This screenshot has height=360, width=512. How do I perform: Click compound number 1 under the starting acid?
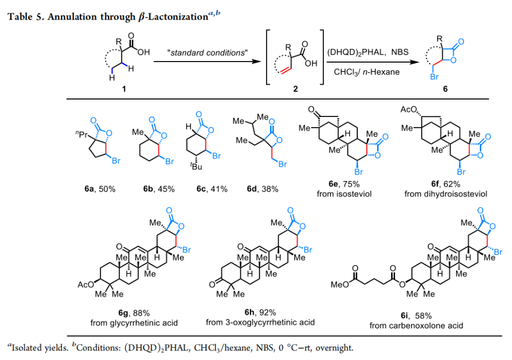coord(122,88)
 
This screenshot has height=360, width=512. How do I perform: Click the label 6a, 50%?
coord(100,189)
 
